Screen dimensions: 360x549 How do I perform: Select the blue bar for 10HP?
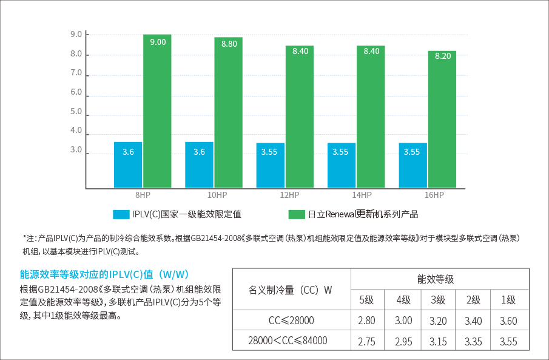[199, 165]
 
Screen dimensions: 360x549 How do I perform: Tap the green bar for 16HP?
[442, 121]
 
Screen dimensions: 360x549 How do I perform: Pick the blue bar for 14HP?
[342, 166]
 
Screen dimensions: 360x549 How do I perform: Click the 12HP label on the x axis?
[289, 195]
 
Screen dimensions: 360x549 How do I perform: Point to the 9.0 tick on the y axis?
[76, 34]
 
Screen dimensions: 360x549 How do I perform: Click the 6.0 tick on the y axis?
[76, 92]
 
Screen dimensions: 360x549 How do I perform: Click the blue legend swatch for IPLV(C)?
[121, 214]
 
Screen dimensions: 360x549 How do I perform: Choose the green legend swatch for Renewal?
[296, 214]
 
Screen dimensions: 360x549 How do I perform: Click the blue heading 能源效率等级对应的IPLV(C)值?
[105, 274]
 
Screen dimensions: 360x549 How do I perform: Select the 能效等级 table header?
[436, 279]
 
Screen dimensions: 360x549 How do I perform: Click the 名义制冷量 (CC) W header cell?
[291, 290]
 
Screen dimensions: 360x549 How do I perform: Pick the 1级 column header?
[508, 300]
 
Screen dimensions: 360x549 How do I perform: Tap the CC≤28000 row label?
[291, 321]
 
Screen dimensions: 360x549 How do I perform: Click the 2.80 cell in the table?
[366, 321]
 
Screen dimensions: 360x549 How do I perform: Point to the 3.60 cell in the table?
[508, 321]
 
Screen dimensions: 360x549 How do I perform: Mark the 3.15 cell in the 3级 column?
[438, 341]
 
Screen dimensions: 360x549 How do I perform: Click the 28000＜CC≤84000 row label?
[291, 341]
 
